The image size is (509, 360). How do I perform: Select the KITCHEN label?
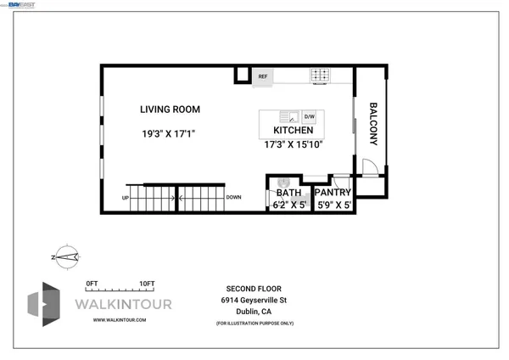pos(294,131)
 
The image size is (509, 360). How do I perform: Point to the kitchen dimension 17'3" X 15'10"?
pos(294,144)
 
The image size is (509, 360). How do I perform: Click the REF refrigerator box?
pos(263,76)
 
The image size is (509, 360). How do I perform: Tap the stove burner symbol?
pos(321,76)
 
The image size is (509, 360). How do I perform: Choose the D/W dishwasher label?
pos(309,116)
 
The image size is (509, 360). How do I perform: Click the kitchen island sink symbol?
pos(288,116)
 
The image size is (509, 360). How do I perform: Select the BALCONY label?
pos(372,124)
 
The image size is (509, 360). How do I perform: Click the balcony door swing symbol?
pos(369,166)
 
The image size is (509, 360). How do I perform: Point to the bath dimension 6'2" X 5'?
pos(288,205)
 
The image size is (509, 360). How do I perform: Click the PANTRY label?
pos(333,193)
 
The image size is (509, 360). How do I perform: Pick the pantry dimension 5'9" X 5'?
pos(333,205)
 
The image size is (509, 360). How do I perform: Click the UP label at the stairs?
pos(126,198)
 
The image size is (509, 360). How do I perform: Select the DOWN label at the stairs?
pos(233,198)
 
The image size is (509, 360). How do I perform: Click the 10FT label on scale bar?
pos(146,283)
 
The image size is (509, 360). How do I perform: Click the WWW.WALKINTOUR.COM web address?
pos(120,319)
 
